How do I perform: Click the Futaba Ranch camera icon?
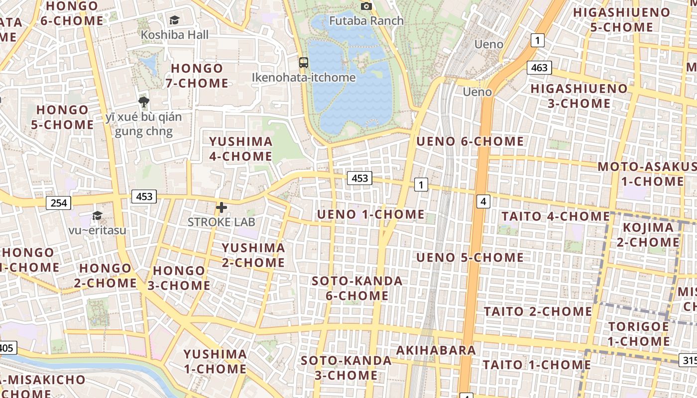tap(366, 6)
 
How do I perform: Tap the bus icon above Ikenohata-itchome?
tap(304, 63)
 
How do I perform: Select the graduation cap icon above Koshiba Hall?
tap(174, 20)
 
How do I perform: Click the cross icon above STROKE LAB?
tap(222, 207)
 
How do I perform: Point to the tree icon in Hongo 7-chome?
tap(144, 102)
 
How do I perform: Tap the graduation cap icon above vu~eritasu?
tap(97, 215)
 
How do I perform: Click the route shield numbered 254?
tap(58, 202)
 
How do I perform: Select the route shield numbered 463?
tap(539, 68)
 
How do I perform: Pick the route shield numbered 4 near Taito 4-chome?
tap(483, 201)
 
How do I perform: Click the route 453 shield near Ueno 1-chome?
tap(359, 178)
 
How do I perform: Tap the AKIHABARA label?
tap(436, 350)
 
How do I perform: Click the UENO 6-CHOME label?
tap(470, 141)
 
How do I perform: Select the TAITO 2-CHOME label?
tap(538, 311)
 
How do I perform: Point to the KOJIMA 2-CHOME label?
tap(648, 235)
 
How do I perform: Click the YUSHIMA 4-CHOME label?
tap(240, 149)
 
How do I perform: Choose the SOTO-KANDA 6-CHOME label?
tap(357, 288)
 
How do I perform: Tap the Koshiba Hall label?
tap(175, 35)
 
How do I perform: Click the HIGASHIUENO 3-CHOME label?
tap(579, 96)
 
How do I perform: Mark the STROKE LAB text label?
tap(221, 222)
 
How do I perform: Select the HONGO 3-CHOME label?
tap(179, 278)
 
